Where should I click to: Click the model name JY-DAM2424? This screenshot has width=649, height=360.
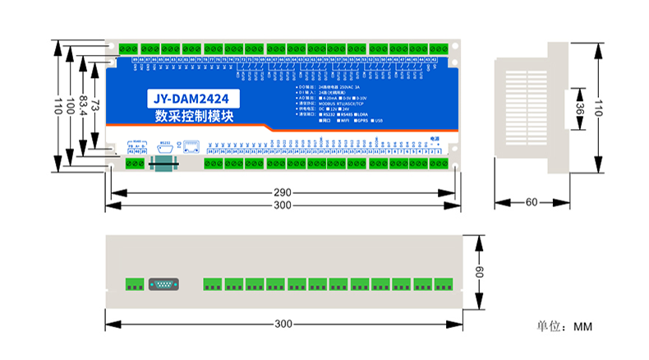[x=191, y=100]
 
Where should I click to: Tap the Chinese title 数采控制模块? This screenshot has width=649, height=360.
[x=191, y=118]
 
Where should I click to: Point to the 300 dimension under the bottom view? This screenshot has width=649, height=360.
[x=283, y=324]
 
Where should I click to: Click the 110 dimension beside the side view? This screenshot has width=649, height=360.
[x=599, y=107]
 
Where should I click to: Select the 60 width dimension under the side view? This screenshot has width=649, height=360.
[x=531, y=202]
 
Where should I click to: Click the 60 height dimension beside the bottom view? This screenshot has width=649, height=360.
[x=481, y=271]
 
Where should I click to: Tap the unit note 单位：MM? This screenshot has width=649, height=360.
[x=564, y=327]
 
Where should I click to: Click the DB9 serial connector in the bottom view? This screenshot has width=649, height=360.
[x=163, y=284]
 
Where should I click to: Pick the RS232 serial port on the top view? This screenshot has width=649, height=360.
[x=164, y=149]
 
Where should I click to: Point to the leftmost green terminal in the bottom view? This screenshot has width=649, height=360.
[x=133, y=284]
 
